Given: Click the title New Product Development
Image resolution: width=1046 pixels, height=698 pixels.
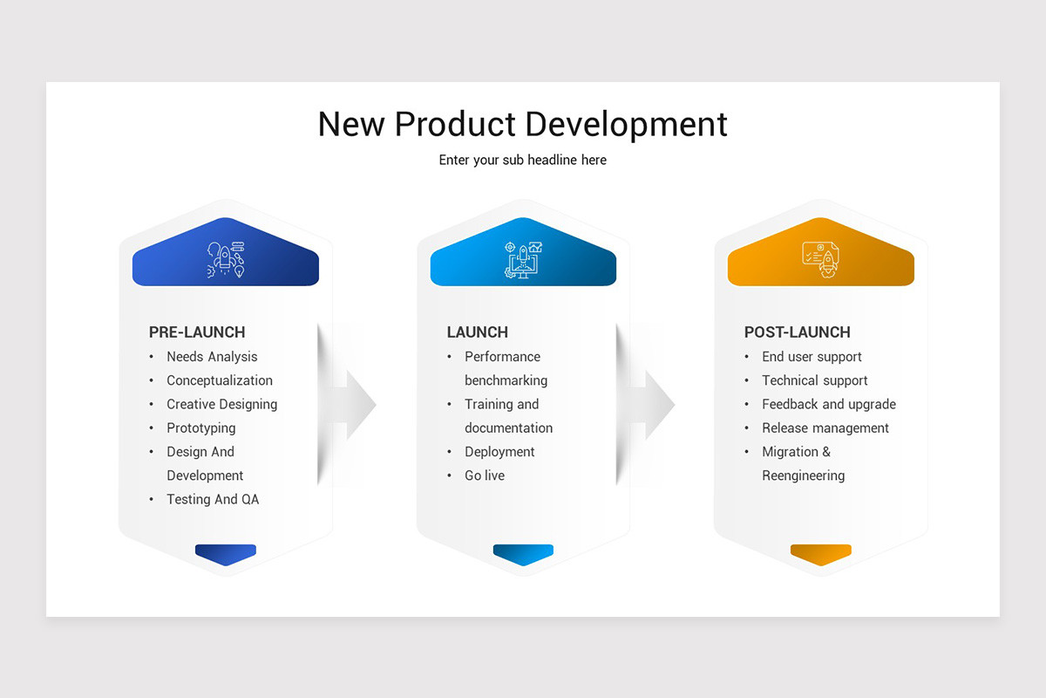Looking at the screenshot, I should [522, 124].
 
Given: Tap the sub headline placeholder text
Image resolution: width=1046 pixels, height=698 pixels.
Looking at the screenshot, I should [522, 161].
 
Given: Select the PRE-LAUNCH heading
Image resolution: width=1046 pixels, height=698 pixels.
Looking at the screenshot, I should [197, 332].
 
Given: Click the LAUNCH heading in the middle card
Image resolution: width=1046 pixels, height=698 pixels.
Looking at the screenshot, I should [477, 332].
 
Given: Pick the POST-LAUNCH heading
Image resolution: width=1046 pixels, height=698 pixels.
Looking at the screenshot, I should [797, 332].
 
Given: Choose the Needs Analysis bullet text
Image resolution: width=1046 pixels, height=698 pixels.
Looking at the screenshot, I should [212, 357].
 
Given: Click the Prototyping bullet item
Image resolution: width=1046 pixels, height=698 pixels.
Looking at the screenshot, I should [201, 428].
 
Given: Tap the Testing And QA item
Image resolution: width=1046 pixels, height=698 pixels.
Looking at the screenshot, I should [213, 500].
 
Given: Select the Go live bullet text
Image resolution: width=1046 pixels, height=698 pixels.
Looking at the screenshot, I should [485, 476].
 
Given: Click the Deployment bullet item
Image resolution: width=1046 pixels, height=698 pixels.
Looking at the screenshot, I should [499, 452].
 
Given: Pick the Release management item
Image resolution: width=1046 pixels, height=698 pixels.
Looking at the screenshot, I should [825, 428].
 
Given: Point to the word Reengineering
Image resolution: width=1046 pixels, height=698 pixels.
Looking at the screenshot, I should [803, 476].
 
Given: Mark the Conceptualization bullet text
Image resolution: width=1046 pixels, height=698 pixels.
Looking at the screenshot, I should [220, 380].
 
